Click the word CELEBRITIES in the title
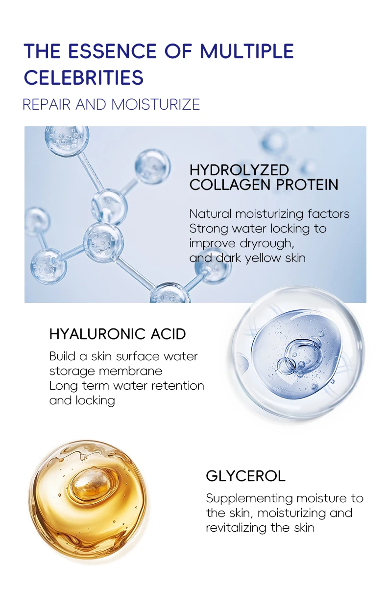[x=84, y=77]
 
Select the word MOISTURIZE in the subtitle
[x=156, y=104]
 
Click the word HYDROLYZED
[x=239, y=170]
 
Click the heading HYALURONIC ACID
[x=118, y=334]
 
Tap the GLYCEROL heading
[x=245, y=476]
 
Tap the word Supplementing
[x=244, y=498]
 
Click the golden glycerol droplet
[x=88, y=499]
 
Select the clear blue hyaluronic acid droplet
[x=298, y=352]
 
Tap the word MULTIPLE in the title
[x=247, y=51]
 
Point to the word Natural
[x=210, y=214]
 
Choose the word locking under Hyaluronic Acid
[x=96, y=400]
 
